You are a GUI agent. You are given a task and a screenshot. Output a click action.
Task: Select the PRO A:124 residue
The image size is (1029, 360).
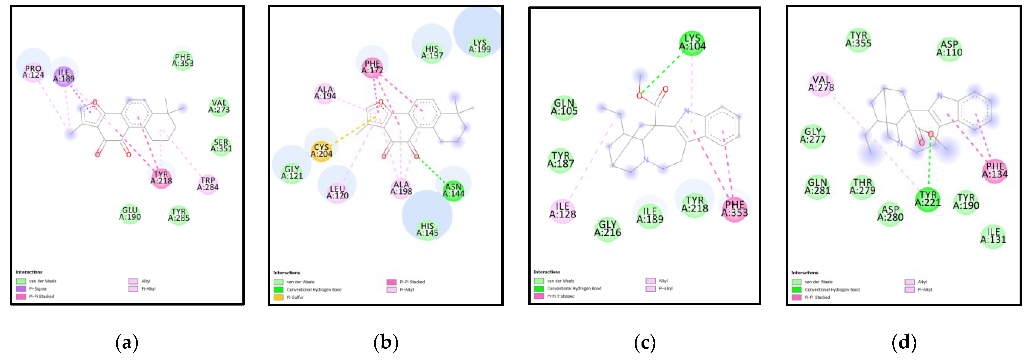click(33, 72)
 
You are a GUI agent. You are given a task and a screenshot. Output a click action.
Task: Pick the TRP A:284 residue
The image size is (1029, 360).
click(208, 184)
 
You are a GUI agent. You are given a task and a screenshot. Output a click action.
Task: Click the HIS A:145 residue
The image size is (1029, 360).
click(427, 229)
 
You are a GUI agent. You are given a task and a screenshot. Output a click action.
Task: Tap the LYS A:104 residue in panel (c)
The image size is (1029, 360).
click(692, 42)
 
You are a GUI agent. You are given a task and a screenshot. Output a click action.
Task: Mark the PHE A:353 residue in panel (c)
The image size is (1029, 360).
click(734, 208)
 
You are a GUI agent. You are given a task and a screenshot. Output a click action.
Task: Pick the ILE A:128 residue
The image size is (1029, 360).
click(563, 210)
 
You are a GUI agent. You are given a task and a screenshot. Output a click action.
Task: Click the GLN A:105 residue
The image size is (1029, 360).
click(564, 107)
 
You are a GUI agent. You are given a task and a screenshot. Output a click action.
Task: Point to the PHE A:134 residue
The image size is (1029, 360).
click(995, 170)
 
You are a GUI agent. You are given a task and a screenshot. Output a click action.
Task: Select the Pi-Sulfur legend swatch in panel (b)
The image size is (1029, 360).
click(279, 298)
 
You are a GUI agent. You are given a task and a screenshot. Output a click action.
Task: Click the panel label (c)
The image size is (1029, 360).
click(645, 343)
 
